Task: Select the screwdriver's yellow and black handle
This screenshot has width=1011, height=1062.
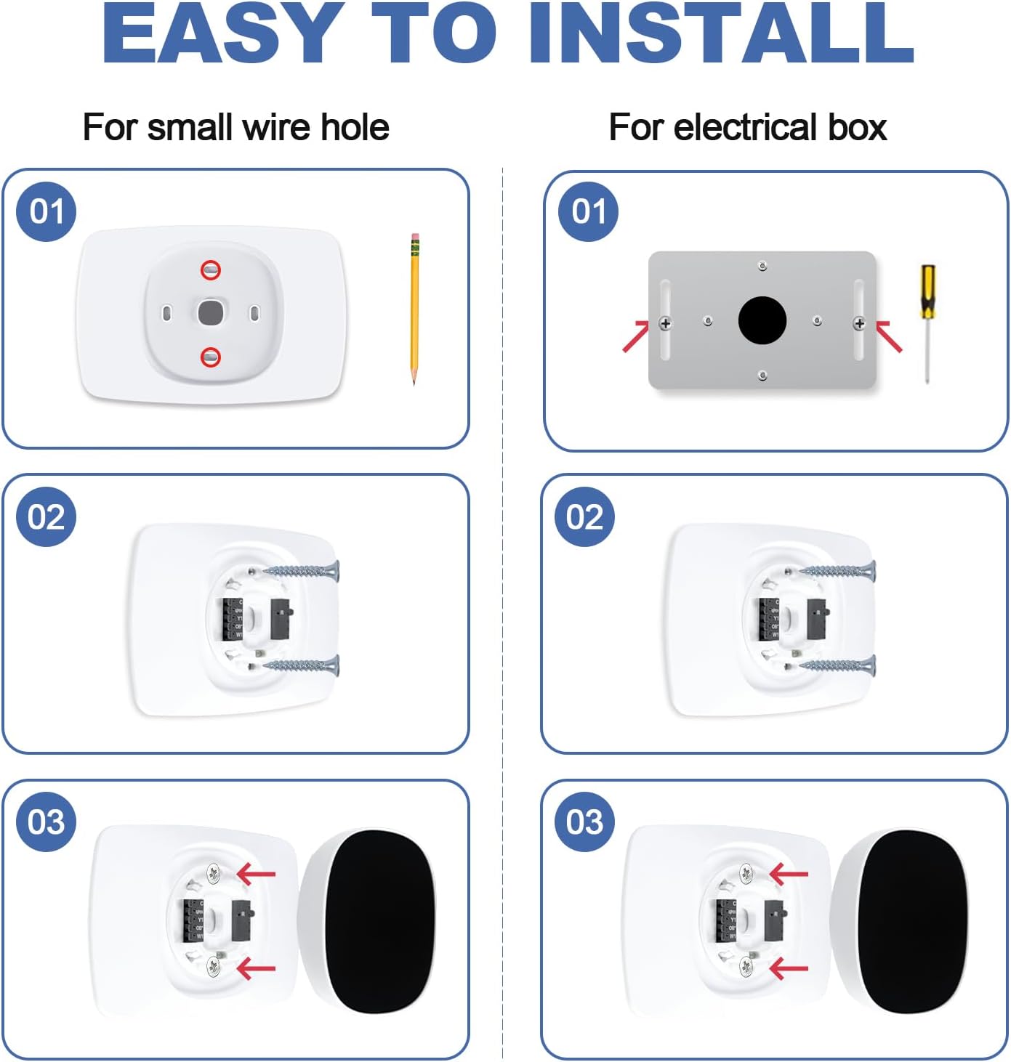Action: tap(927, 291)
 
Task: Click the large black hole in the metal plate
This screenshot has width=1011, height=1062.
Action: tap(762, 320)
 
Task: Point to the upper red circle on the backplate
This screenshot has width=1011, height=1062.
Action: tap(211, 270)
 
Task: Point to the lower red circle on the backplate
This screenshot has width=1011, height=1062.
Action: tap(211, 357)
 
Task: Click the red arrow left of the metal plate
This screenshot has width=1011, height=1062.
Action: tap(635, 336)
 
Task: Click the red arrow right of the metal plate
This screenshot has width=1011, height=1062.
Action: tap(888, 336)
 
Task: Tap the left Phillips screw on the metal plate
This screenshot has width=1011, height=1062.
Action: tap(665, 323)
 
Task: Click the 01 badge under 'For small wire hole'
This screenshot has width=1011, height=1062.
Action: tap(47, 211)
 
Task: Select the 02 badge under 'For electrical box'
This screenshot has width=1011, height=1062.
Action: tap(585, 516)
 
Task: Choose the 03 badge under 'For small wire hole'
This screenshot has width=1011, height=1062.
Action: tap(47, 822)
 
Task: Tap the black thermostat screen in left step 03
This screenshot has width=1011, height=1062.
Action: tap(378, 921)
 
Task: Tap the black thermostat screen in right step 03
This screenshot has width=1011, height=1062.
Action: tap(911, 921)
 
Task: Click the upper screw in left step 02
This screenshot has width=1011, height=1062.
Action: tap(302, 571)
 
